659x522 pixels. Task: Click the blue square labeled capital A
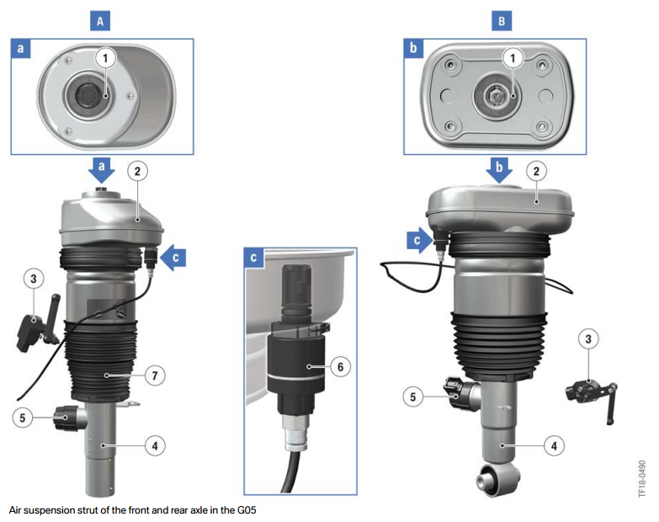[x=100, y=20]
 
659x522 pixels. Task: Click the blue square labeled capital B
[x=502, y=20]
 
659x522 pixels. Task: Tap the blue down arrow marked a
[x=101, y=170]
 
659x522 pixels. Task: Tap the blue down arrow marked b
[x=499, y=170]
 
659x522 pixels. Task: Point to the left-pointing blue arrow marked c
[x=173, y=258]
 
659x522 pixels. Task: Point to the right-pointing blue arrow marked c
[x=420, y=241]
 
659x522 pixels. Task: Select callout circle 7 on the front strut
[x=155, y=375]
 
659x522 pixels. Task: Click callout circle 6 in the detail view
[x=340, y=367]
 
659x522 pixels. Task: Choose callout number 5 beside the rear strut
[x=412, y=397]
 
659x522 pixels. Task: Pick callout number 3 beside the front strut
[x=34, y=278]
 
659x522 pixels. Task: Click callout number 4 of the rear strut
[x=554, y=445]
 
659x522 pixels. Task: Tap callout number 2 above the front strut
[x=137, y=171]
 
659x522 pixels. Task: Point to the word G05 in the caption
[x=247, y=510]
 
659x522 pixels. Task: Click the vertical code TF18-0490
[x=642, y=479]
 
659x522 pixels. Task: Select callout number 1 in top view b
[x=513, y=58]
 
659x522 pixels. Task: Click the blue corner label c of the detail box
[x=253, y=258]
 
